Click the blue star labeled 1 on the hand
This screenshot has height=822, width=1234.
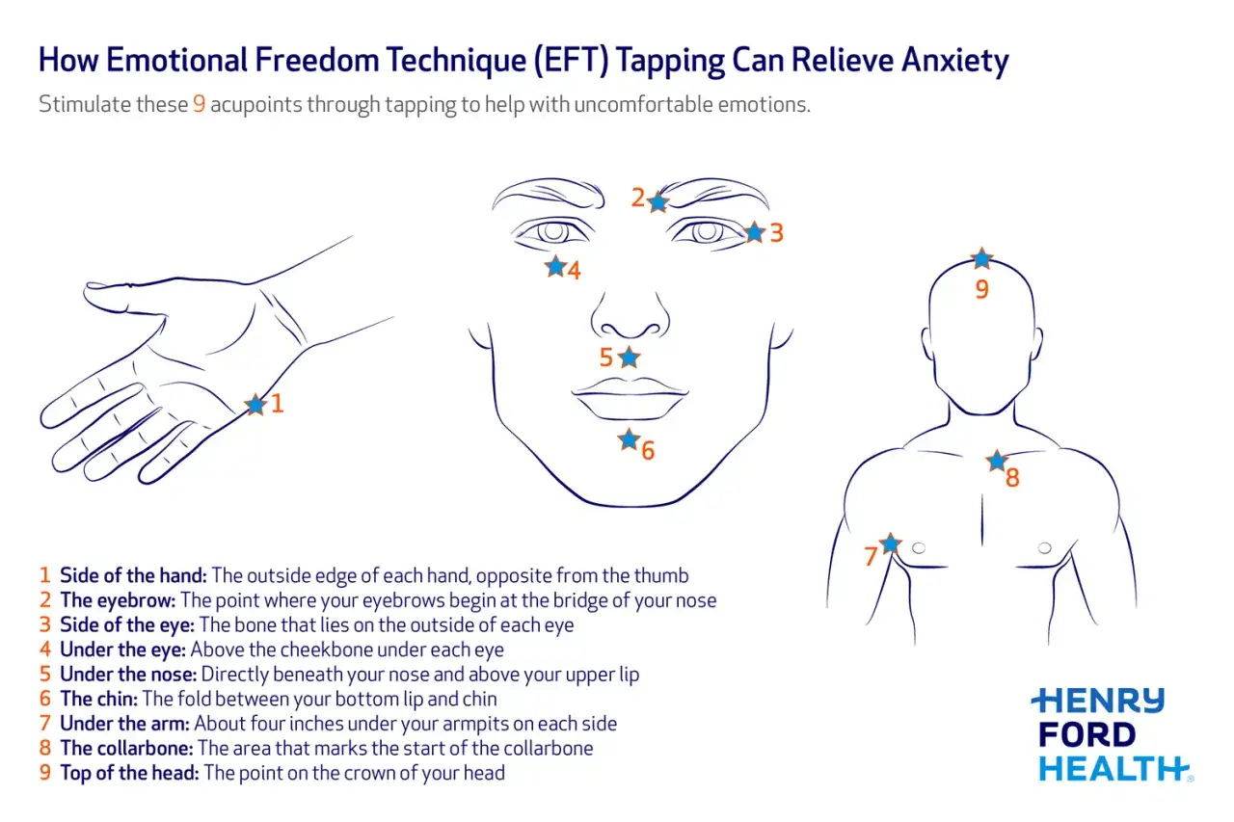pyautogui.click(x=255, y=405)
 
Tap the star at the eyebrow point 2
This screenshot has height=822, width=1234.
pyautogui.click(x=657, y=202)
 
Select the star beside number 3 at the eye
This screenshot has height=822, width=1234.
pyautogui.click(x=755, y=232)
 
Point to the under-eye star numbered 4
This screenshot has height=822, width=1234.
pyautogui.click(x=555, y=267)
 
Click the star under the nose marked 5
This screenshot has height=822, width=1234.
pyautogui.click(x=630, y=358)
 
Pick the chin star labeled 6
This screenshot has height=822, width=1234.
pyautogui.click(x=629, y=439)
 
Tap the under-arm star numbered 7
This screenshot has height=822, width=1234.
pyautogui.click(x=890, y=544)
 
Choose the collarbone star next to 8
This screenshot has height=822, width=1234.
pyautogui.click(x=997, y=461)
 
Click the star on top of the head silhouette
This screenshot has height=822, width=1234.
pyautogui.click(x=981, y=258)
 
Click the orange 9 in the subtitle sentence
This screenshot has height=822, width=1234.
pyautogui.click(x=199, y=104)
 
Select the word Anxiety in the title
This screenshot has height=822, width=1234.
pyautogui.click(x=954, y=60)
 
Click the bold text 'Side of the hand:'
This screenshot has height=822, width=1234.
pyautogui.click(x=133, y=575)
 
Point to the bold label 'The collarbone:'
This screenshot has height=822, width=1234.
pyautogui.click(x=126, y=748)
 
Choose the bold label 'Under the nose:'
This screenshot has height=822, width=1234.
pyautogui.click(x=128, y=675)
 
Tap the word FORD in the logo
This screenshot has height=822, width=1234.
pyautogui.click(x=1086, y=734)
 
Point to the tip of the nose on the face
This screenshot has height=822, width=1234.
pyautogui.click(x=630, y=331)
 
